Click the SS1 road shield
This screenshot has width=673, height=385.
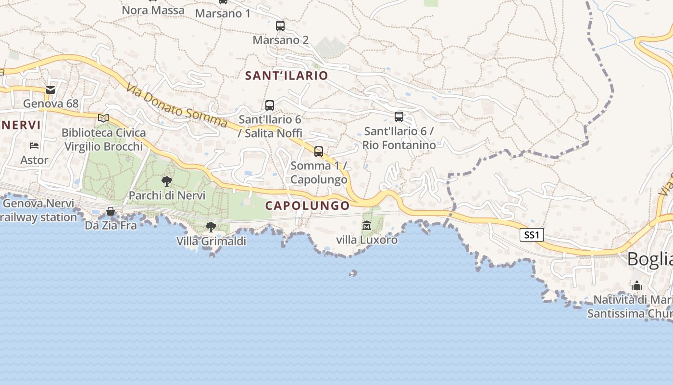tap(532, 235)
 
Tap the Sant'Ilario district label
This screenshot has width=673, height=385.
tap(287, 76)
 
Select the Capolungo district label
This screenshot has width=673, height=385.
tap(308, 205)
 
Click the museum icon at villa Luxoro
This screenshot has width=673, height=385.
tap(367, 225)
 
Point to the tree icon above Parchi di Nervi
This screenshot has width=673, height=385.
tap(167, 181)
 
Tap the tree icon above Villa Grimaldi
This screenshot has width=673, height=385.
tap(211, 227)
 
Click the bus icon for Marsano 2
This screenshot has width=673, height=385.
tap(280, 26)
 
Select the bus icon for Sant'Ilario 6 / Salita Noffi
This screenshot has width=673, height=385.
tap(270, 105)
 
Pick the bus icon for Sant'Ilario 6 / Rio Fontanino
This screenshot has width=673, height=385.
tap(399, 116)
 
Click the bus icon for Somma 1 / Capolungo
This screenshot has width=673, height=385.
tap(319, 152)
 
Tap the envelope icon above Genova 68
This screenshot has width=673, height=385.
tap(50, 90)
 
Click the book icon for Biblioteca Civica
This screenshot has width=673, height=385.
tap(103, 118)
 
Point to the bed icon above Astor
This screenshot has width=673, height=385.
tap(34, 145)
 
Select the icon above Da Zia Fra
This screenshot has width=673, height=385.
tap(111, 211)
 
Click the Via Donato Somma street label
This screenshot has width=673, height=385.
tap(177, 106)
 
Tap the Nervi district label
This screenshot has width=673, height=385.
tap(21, 125)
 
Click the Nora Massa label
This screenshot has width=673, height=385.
tap(153, 10)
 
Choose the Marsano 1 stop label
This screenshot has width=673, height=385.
tap(223, 13)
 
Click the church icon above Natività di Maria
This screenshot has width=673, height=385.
tap(637, 285)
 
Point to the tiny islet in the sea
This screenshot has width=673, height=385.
tap(353, 273)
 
